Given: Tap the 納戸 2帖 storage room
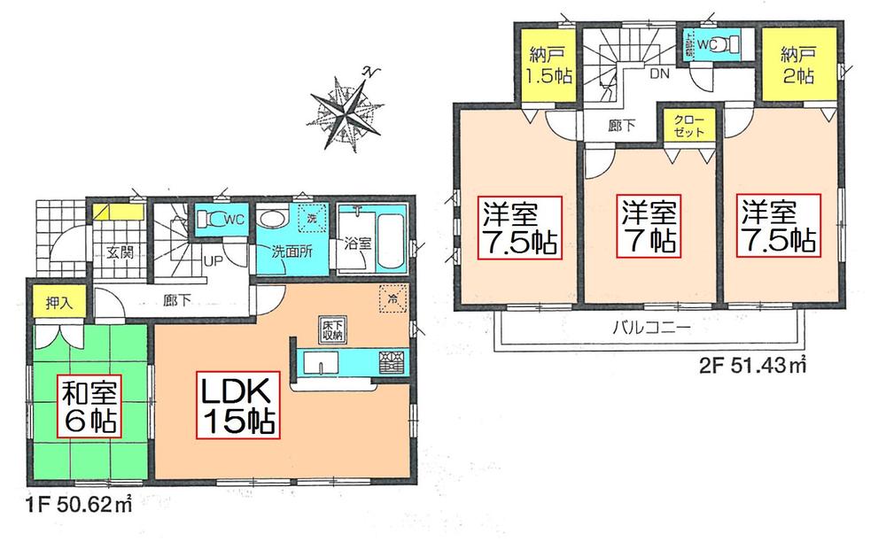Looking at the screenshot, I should coord(794,64).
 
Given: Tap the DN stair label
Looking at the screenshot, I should coord(659,75).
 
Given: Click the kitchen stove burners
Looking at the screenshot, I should coord(391,362).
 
